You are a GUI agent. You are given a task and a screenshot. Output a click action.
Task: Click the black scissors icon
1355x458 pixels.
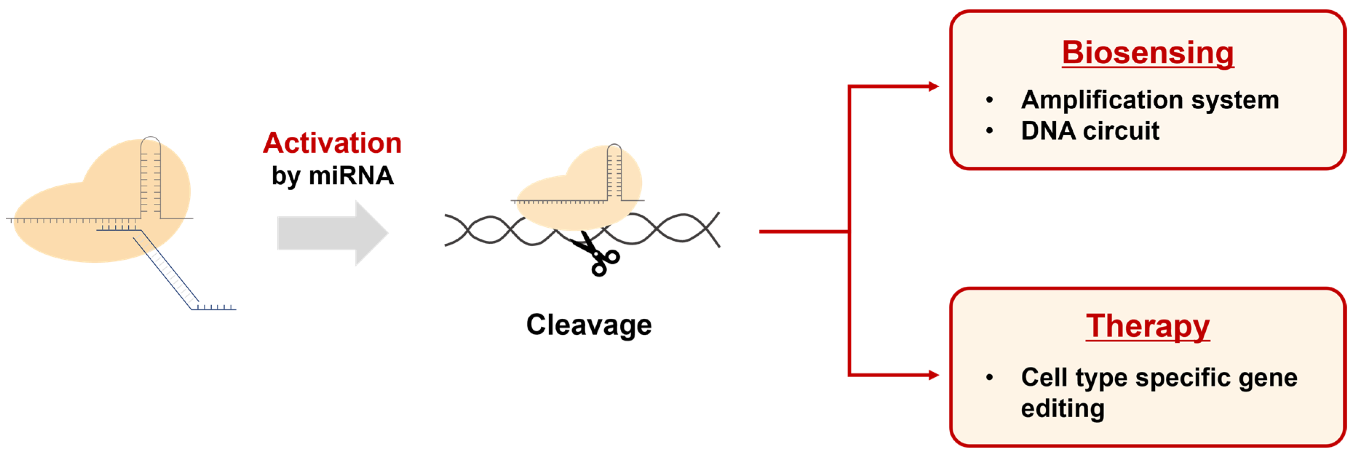(597, 255)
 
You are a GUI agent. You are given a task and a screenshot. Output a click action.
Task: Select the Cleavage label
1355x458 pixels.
(589, 324)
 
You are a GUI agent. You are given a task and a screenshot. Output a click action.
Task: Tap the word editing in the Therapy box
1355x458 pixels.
(1062, 408)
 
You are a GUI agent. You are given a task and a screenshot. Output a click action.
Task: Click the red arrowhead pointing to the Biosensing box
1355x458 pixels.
(934, 86)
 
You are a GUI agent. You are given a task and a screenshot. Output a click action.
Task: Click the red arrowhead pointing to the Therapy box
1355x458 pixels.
(934, 375)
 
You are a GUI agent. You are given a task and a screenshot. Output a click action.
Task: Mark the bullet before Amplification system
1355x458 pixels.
(989, 100)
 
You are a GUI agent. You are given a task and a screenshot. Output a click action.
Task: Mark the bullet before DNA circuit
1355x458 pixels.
(989, 130)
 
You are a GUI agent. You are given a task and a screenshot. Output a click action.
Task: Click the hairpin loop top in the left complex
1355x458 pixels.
(150, 139)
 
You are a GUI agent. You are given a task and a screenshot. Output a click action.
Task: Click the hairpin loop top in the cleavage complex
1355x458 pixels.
(614, 146)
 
